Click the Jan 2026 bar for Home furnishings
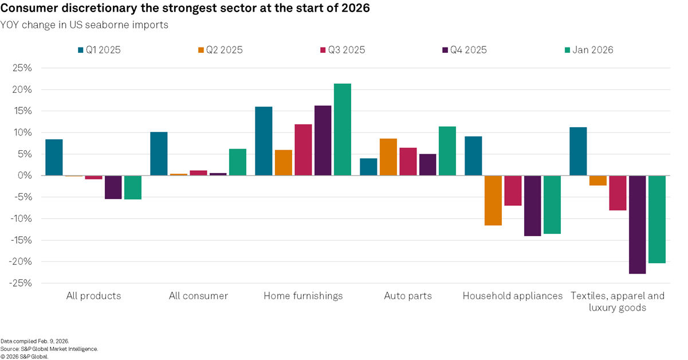pyautogui.click(x=343, y=130)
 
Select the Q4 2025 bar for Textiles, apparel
pyautogui.click(x=637, y=225)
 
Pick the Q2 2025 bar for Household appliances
pyautogui.click(x=493, y=201)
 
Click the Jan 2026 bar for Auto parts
pyautogui.click(x=447, y=151)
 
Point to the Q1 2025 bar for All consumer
pyautogui.click(x=159, y=154)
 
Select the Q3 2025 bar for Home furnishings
pyautogui.click(x=303, y=150)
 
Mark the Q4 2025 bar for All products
pyautogui.click(x=113, y=187)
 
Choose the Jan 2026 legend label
pyautogui.click(x=593, y=50)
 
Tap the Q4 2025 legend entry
pyautogui.click(x=466, y=50)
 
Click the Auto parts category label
pyautogui.click(x=408, y=296)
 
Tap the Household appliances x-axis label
pyautogui.click(x=512, y=296)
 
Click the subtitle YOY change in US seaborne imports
pyautogui.click(x=84, y=25)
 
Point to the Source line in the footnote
pyautogui.click(x=49, y=349)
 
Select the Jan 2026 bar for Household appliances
pyautogui.click(x=552, y=205)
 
